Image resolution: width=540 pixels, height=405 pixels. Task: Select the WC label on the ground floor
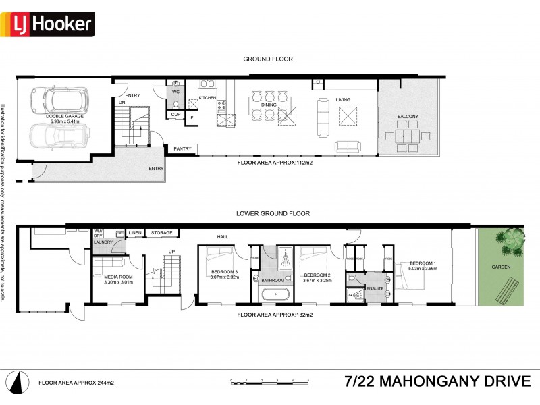coord(175,91)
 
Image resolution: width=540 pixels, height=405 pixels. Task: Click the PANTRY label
coord(182,148)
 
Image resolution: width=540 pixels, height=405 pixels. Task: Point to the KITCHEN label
coord(207,99)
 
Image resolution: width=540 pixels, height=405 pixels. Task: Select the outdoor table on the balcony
coord(408,134)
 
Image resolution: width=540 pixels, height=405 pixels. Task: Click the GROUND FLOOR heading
coord(268,59)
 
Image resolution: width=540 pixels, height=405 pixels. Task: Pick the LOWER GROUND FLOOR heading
coord(273,213)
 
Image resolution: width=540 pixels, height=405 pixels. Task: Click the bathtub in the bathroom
coord(275,294)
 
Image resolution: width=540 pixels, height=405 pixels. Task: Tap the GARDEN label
coord(500,267)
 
